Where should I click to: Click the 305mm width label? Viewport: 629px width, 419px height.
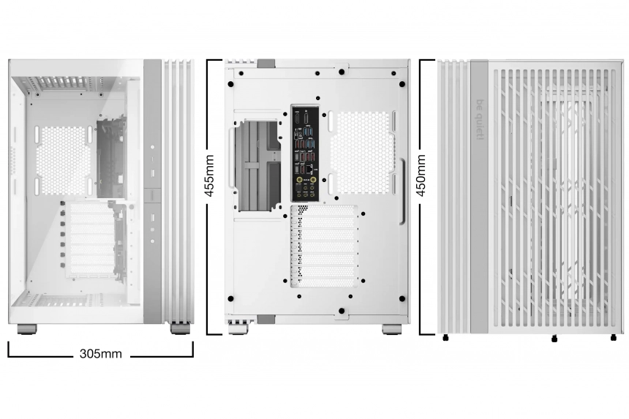point(101,355)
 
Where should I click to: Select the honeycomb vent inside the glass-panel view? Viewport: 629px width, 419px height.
point(63,159)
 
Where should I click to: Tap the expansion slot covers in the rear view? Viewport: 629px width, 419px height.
point(324,245)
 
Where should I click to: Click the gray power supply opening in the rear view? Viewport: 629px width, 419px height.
point(257,165)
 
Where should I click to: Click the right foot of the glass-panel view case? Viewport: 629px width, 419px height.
point(179,329)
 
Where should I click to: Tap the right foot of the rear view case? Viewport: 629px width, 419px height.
point(391,329)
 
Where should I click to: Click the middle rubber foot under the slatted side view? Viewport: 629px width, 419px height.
point(554,338)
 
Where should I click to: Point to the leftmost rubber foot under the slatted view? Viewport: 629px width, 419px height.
point(446,338)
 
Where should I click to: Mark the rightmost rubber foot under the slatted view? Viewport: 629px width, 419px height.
point(613,338)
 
